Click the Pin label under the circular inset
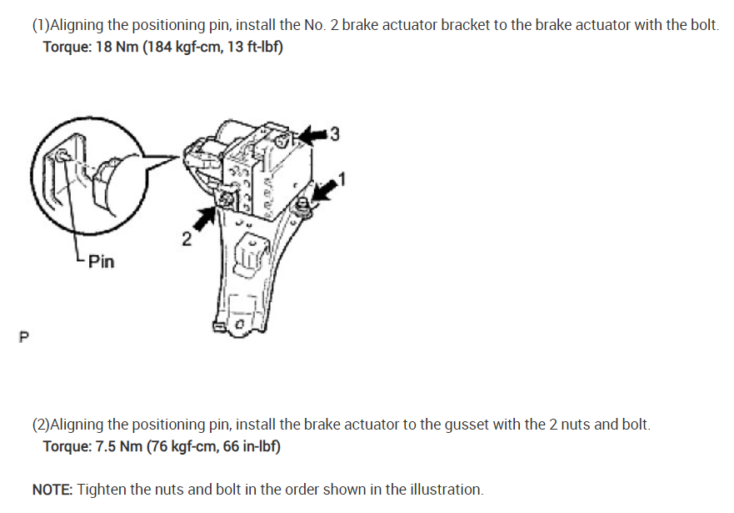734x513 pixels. click(x=101, y=262)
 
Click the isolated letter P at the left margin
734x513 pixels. click(x=23, y=338)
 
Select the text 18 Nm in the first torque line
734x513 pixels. click(x=117, y=46)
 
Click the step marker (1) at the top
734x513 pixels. click(x=41, y=24)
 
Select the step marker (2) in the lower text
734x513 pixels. click(x=41, y=425)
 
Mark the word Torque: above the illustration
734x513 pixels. click(x=67, y=46)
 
